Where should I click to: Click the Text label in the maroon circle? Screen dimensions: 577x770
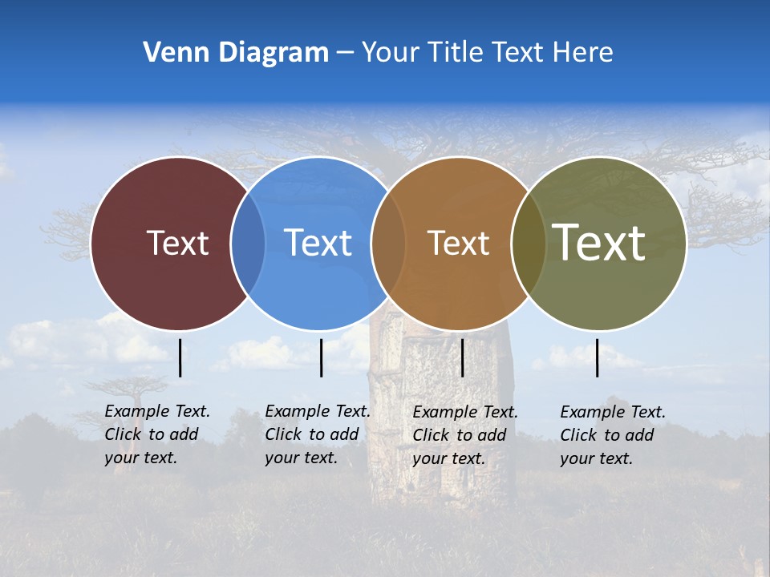tap(177, 243)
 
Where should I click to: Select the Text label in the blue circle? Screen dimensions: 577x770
tap(318, 243)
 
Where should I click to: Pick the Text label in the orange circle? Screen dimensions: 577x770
tap(458, 243)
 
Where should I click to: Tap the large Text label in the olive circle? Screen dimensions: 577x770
tap(598, 242)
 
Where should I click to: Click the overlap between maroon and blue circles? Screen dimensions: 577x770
tap(248, 243)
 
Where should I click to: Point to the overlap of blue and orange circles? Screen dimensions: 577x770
tap(388, 243)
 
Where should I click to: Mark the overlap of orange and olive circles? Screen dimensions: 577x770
tap(529, 243)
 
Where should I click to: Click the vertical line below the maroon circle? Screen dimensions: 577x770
tap(180, 357)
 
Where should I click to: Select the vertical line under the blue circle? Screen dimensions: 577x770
tap(321, 357)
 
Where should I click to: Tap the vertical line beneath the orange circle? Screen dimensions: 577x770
tap(462, 357)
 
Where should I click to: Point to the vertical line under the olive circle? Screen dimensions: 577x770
tap(598, 357)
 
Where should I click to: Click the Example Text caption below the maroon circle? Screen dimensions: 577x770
tap(156, 434)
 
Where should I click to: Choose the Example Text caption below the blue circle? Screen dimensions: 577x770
tap(317, 434)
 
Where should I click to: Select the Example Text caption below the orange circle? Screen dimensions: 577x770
tap(464, 435)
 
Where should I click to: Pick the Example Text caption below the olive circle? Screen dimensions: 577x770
tap(612, 435)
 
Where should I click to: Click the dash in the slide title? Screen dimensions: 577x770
tap(345, 53)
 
